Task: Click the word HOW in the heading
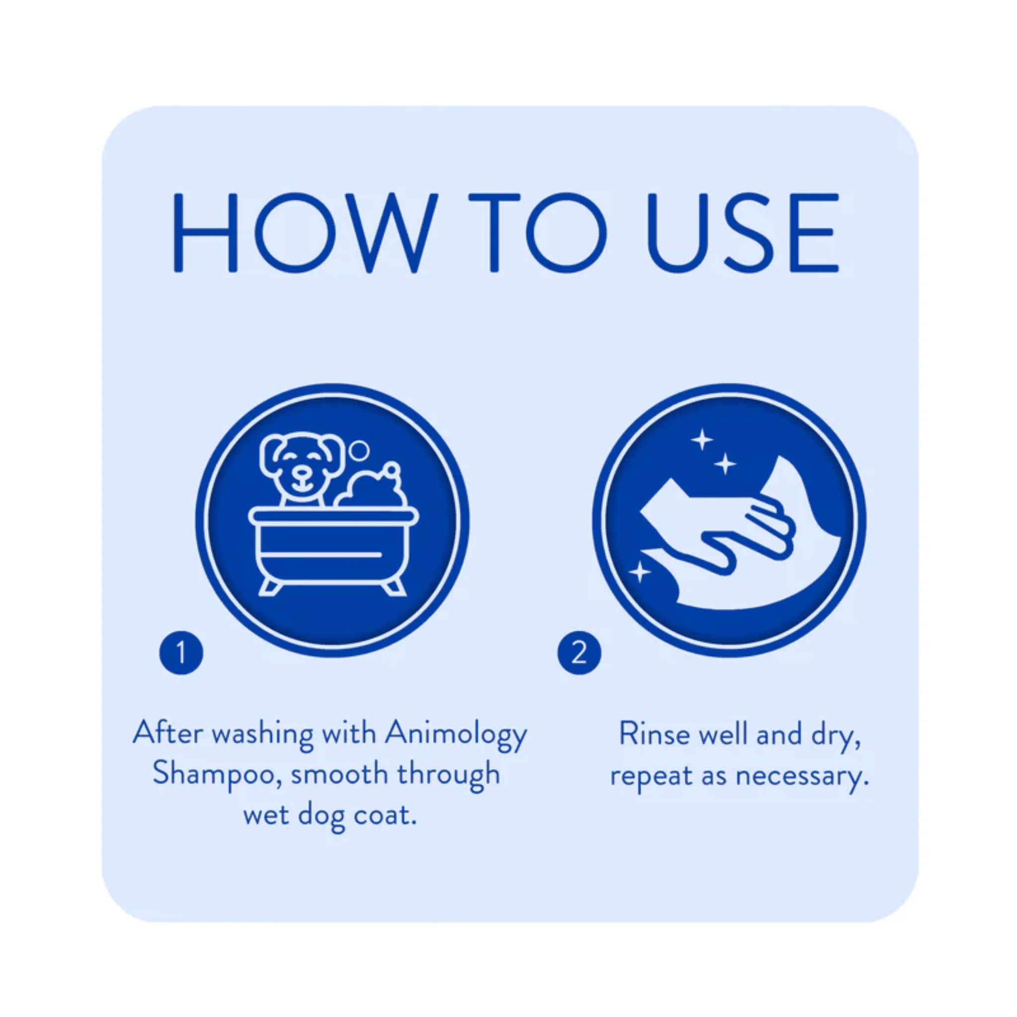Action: click(x=306, y=233)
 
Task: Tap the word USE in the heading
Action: click(x=743, y=233)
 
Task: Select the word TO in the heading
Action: click(x=538, y=233)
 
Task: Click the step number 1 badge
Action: click(x=181, y=653)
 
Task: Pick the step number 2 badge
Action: click(x=579, y=653)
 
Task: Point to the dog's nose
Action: click(x=301, y=473)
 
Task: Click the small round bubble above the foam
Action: click(x=360, y=450)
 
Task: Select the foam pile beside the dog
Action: click(x=373, y=487)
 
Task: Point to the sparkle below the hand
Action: click(x=640, y=572)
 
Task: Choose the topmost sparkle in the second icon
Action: click(x=702, y=439)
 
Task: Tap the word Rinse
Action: click(x=654, y=734)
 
